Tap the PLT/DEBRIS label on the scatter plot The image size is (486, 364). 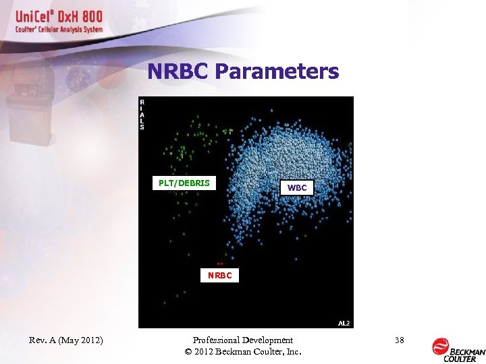[184, 183]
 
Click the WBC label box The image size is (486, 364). [297, 188]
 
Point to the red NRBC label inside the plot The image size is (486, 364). [219, 275]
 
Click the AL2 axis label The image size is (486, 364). [344, 324]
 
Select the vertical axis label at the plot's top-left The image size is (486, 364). [142, 114]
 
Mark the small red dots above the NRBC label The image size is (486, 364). [219, 263]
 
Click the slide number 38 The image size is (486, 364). [399, 340]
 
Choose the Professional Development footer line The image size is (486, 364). [242, 340]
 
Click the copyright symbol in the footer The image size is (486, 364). [187, 352]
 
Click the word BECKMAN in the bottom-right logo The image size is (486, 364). [468, 352]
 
